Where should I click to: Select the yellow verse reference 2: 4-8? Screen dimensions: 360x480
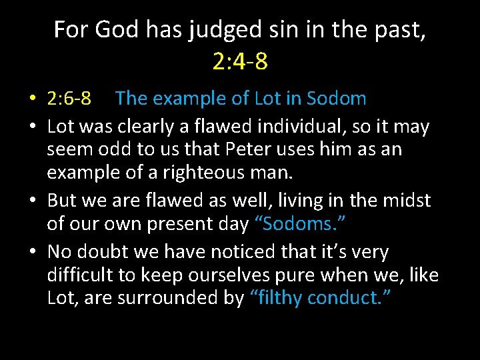[240, 61]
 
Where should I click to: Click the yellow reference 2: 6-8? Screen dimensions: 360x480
[69, 99]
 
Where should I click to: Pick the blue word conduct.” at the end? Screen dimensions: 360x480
[349, 297]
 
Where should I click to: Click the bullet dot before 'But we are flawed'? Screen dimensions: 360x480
[33, 201]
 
